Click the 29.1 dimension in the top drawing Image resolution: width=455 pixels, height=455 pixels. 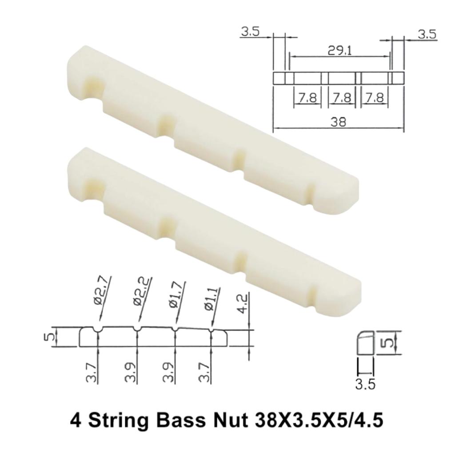pyautogui.click(x=339, y=51)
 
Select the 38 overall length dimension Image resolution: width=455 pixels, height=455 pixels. pyautogui.click(x=339, y=122)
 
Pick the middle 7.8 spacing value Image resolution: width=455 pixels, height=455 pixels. pyautogui.click(x=342, y=98)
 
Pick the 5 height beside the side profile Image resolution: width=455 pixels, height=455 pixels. pyautogui.click(x=387, y=343)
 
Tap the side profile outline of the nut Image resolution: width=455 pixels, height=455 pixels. pyautogui.click(x=365, y=342)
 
